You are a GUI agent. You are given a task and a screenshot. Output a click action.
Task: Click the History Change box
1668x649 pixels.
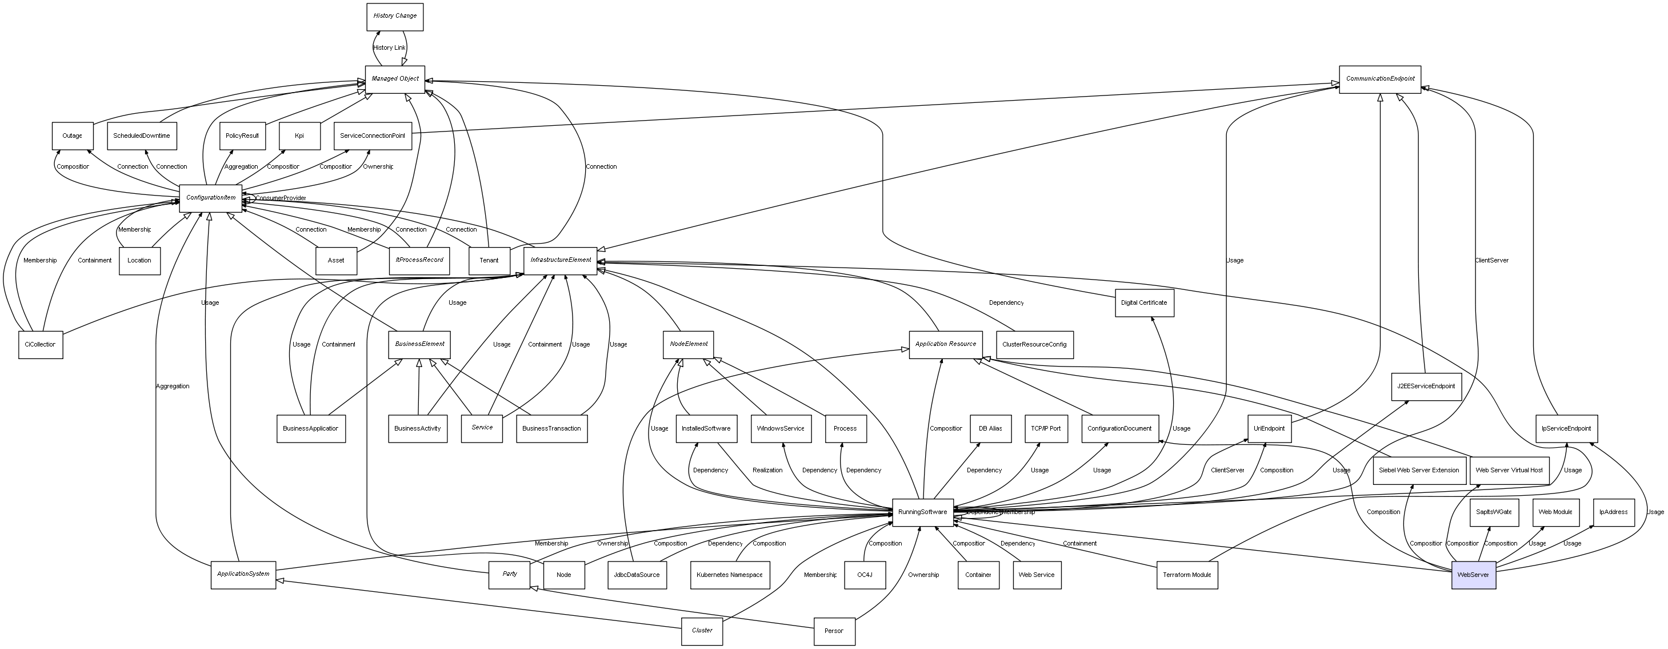pos(394,16)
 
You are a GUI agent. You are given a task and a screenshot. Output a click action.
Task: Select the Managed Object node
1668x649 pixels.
pos(394,79)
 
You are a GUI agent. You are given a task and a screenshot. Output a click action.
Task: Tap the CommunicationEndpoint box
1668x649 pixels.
pos(1380,79)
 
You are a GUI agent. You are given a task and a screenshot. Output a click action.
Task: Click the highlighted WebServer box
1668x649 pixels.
pos(1473,575)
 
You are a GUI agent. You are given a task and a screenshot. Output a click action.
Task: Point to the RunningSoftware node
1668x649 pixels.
pos(922,512)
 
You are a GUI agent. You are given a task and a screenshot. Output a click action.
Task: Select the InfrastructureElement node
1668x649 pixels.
pos(560,260)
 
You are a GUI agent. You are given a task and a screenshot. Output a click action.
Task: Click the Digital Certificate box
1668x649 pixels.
pos(1144,303)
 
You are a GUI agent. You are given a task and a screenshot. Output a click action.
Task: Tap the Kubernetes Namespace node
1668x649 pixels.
pos(729,575)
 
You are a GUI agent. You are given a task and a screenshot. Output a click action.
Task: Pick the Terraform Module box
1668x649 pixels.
pos(1186,575)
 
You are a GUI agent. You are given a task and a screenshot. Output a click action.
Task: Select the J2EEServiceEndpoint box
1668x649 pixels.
pos(1426,387)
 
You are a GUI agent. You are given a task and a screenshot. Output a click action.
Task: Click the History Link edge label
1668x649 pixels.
pos(389,48)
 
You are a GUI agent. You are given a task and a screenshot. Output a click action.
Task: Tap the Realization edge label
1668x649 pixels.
pos(767,471)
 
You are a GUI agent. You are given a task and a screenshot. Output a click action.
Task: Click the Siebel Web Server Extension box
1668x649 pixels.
pos(1419,471)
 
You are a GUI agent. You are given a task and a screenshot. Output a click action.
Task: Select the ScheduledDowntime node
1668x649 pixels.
pos(141,136)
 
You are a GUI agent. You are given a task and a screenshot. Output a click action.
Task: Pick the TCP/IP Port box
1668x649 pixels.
pos(1046,429)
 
